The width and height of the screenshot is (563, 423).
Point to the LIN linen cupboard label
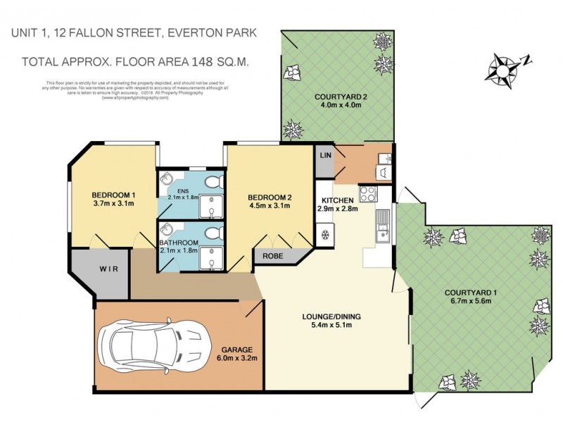(x=325, y=155)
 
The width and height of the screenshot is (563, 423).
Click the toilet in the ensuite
(x=210, y=183)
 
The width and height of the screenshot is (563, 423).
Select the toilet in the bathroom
(x=210, y=233)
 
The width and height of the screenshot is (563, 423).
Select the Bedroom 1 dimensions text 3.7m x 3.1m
(x=113, y=204)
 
